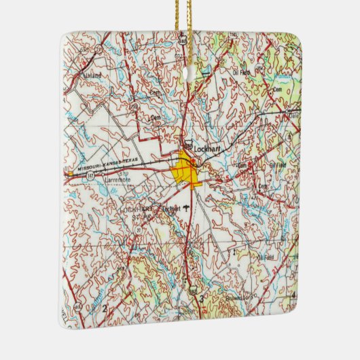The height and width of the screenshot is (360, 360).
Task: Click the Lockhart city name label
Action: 204,147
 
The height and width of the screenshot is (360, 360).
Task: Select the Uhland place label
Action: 92,75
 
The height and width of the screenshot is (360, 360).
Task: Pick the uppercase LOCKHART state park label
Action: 134,210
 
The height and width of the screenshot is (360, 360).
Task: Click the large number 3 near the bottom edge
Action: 201,298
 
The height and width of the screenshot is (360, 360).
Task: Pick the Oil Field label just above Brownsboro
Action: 266,257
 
